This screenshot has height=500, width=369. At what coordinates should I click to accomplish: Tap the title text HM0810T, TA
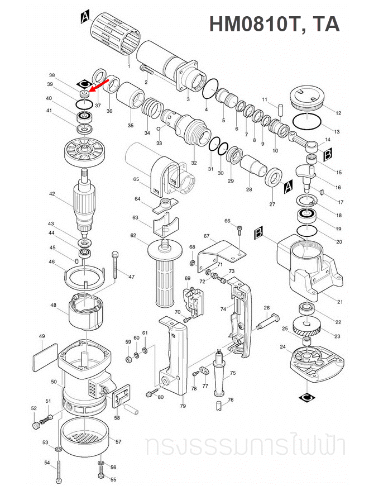point(274,25)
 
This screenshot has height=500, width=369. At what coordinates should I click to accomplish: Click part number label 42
point(51,194)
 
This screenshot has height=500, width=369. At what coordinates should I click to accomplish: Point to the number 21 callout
point(339,301)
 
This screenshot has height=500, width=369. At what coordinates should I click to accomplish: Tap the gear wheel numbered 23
point(305,326)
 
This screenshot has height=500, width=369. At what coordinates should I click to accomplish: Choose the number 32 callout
point(194,163)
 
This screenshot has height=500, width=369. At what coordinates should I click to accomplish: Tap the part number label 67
point(206,236)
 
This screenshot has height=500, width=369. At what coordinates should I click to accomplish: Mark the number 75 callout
point(233,373)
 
